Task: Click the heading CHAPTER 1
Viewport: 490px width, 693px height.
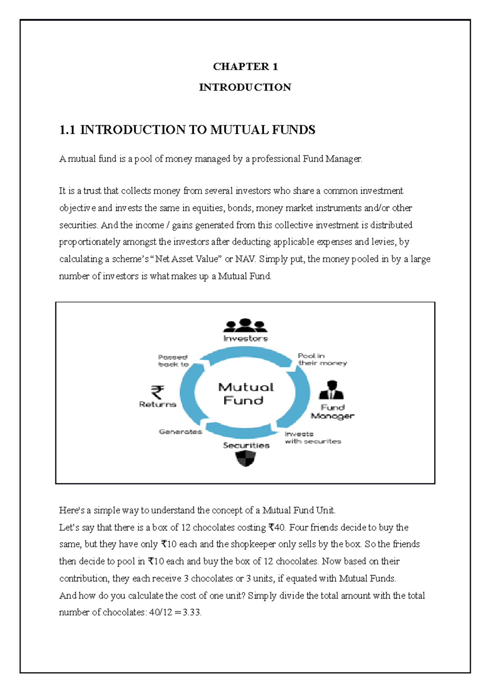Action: (x=245, y=67)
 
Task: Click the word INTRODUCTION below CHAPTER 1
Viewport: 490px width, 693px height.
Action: (x=245, y=87)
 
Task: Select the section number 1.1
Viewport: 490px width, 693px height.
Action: (x=67, y=130)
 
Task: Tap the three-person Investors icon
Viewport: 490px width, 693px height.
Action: (x=245, y=325)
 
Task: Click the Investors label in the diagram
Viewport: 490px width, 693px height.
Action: (x=245, y=338)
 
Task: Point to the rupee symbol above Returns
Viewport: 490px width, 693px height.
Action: (x=158, y=392)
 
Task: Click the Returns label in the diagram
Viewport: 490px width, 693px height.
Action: (x=158, y=404)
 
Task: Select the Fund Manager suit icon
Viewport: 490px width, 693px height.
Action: (x=331, y=390)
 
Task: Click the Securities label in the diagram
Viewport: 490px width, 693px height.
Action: (x=246, y=445)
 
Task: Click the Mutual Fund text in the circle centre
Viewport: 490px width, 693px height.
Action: (x=245, y=393)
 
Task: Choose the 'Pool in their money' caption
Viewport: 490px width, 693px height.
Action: (x=322, y=360)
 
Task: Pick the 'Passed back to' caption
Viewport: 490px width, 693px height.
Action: (x=173, y=361)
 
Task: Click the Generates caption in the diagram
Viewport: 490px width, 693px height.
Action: (x=180, y=432)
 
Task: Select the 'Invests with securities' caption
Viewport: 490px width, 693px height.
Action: (x=312, y=438)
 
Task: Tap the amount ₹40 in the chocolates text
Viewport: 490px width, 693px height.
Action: (x=276, y=528)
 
